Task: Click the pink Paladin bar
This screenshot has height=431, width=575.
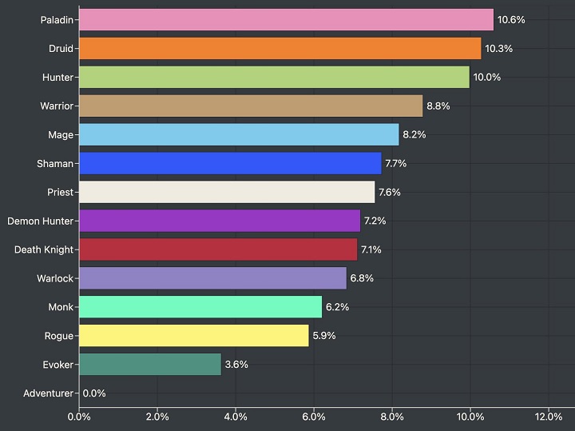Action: pos(286,19)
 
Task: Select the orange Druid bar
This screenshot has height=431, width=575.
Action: pos(280,48)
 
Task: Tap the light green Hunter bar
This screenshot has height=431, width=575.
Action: pos(274,77)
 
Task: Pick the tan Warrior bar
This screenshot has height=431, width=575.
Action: pos(251,106)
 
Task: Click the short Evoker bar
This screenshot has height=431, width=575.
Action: pos(150,364)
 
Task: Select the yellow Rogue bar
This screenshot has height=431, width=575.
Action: pos(194,335)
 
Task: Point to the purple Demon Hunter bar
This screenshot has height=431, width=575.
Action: pos(220,221)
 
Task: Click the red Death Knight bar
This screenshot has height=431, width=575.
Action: pos(218,249)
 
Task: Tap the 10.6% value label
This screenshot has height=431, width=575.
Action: pos(511,19)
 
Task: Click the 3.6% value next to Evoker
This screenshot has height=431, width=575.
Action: pos(236,364)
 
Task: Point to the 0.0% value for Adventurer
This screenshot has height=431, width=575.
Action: pos(94,393)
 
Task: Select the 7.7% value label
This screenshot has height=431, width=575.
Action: pos(397,163)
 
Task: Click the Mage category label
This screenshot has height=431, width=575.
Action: pos(60,134)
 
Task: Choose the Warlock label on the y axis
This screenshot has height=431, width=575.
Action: pos(55,278)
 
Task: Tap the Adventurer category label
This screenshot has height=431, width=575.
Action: pos(48,393)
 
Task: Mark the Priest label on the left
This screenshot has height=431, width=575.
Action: pos(60,192)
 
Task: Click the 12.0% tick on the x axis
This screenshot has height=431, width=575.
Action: pos(548,416)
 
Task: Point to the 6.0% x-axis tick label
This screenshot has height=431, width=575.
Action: pos(314,416)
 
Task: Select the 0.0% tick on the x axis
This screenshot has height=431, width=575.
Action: pos(79,416)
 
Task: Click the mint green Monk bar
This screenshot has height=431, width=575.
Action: pos(200,306)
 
